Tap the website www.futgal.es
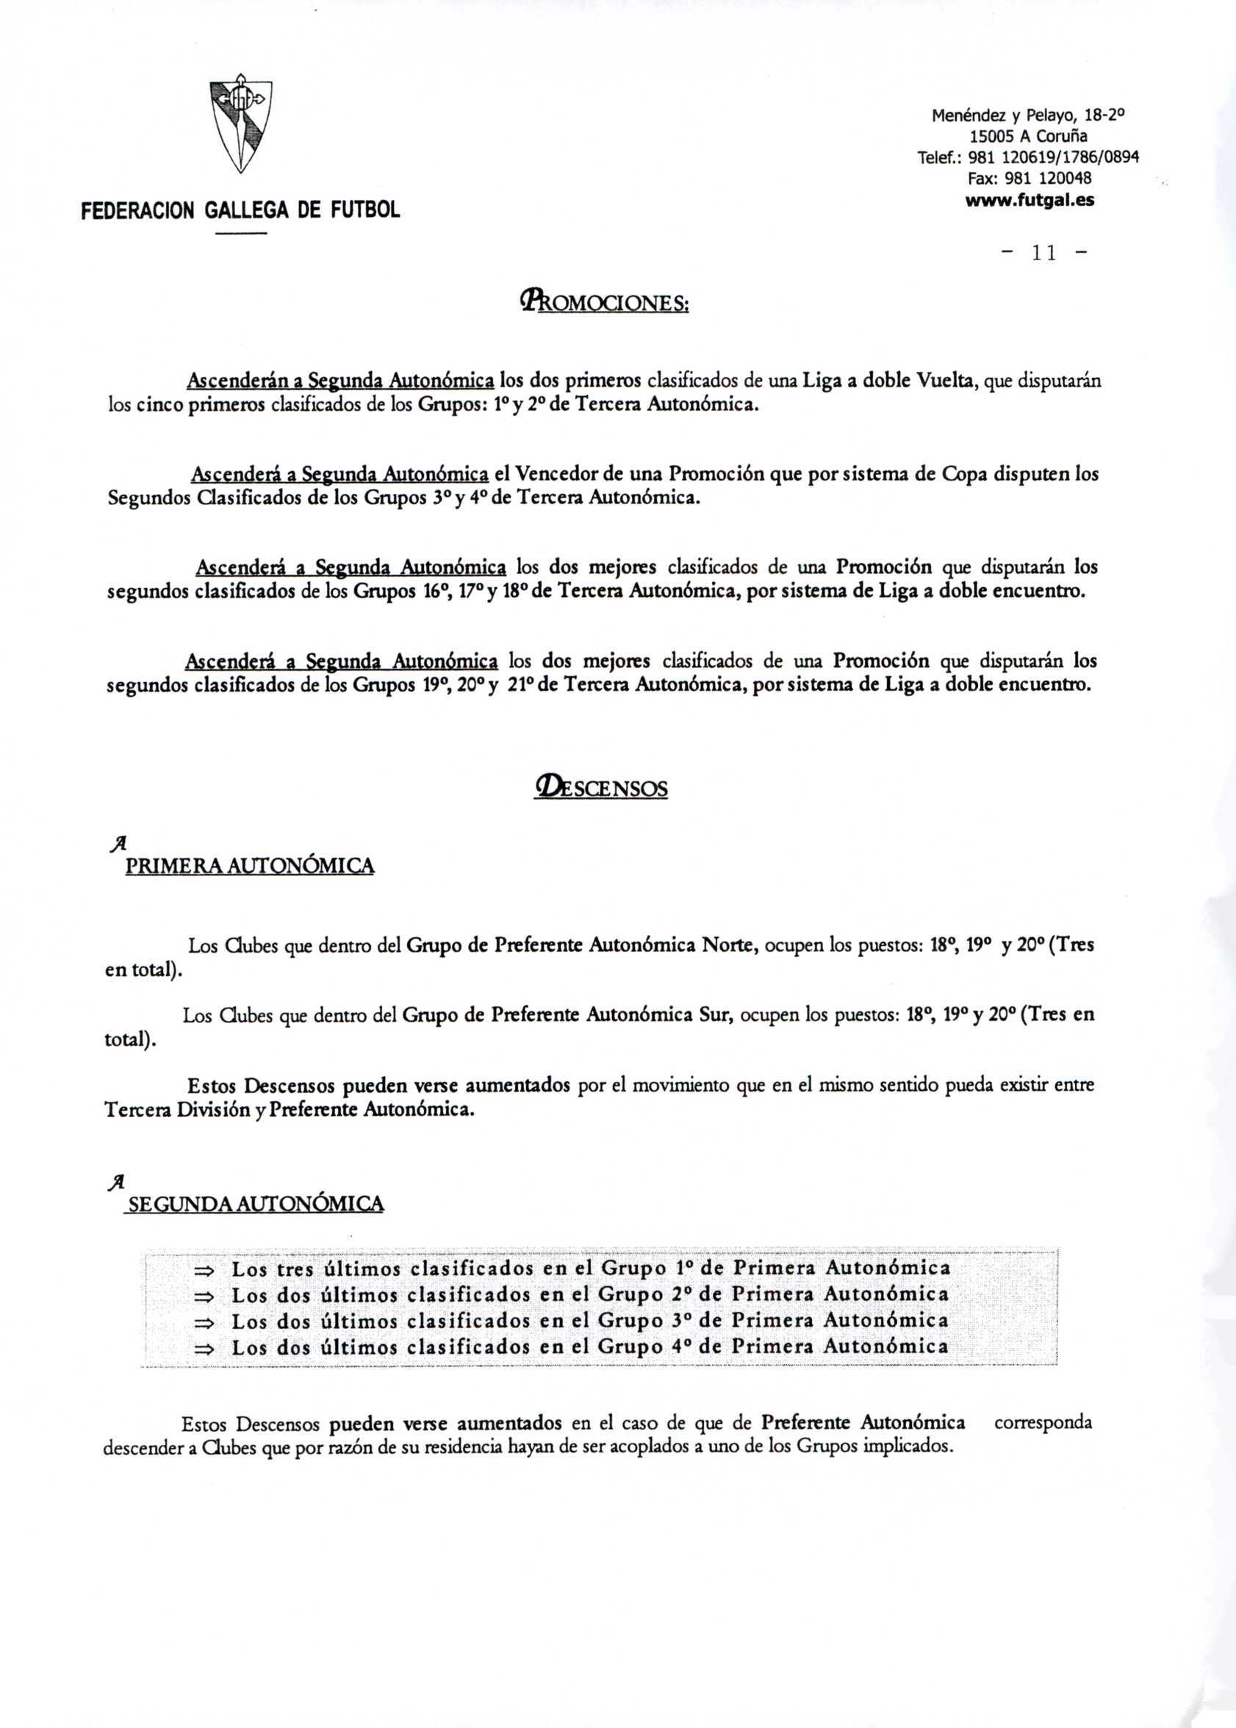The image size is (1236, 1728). coord(1030,201)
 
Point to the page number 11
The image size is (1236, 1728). coord(1043,254)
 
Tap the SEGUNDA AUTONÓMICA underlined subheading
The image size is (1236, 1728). coord(256,1203)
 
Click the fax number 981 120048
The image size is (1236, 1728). coord(1048,178)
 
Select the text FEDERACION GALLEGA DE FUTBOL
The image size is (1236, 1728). coord(240,210)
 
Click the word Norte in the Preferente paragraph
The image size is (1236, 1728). coord(728,945)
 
